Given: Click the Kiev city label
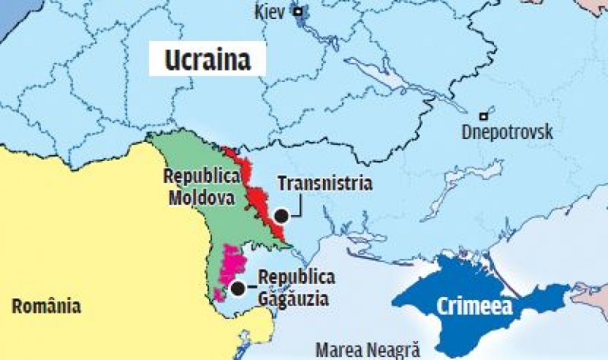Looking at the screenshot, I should click(272, 12).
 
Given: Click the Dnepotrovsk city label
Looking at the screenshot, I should click(507, 133).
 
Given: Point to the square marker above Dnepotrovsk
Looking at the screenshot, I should click(484, 116).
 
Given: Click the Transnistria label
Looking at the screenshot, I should click(325, 184).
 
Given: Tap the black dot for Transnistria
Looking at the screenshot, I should click(281, 215).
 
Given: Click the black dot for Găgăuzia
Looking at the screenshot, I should click(238, 289).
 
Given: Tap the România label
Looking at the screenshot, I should click(46, 306).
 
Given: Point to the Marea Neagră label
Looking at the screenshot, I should click(367, 350).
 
